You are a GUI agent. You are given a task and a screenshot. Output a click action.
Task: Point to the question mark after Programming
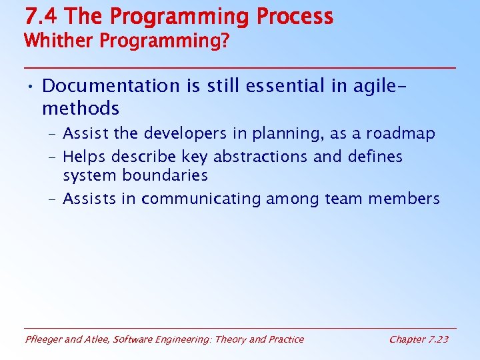point(225,41)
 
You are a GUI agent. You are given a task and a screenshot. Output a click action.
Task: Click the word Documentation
point(111,86)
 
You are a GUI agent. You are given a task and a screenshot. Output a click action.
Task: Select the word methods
point(80,108)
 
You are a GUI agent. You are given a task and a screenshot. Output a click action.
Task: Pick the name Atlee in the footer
point(96,339)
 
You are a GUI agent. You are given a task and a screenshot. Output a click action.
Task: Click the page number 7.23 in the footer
point(437,339)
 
